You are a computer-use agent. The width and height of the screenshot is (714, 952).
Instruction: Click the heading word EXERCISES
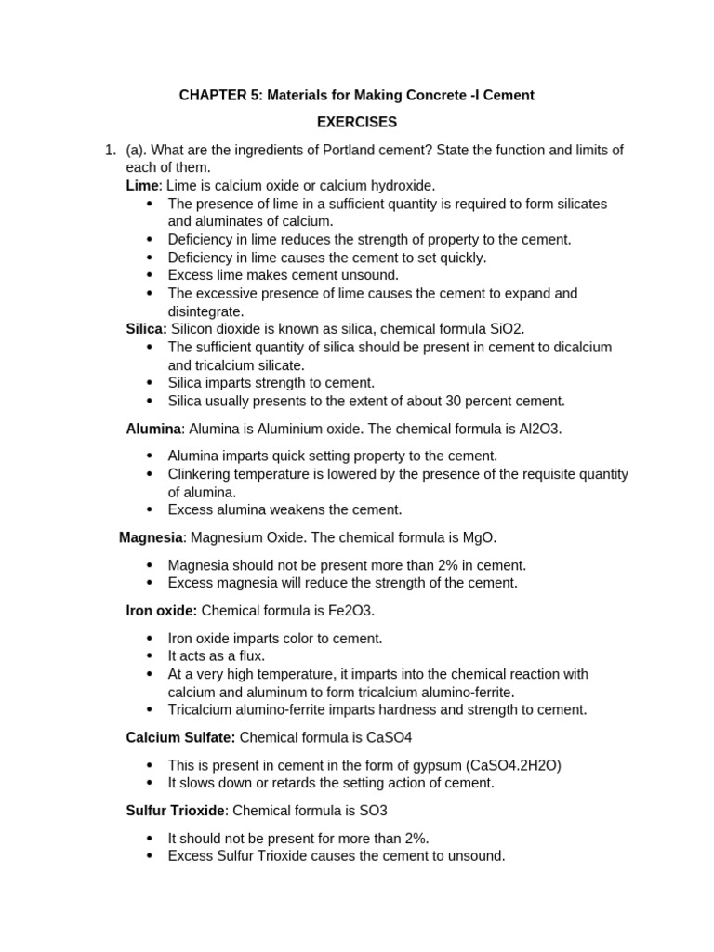point(357,122)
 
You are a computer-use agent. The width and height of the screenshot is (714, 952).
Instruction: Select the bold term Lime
point(142,185)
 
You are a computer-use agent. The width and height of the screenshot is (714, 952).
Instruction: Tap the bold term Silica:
point(147,328)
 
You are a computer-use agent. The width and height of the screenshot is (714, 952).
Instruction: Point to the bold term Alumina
point(153,429)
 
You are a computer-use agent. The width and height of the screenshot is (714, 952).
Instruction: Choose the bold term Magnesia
point(152,537)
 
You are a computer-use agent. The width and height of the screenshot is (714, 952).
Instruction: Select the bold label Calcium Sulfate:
point(181,737)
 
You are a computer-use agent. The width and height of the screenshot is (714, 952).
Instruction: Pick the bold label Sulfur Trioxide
point(175,810)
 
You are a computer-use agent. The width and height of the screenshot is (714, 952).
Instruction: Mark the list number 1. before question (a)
point(110,150)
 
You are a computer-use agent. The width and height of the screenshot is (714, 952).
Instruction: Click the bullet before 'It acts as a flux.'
point(150,656)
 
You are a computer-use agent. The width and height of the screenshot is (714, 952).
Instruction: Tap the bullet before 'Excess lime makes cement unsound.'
point(150,275)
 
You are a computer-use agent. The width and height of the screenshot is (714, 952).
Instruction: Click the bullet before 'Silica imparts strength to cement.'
point(150,383)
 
